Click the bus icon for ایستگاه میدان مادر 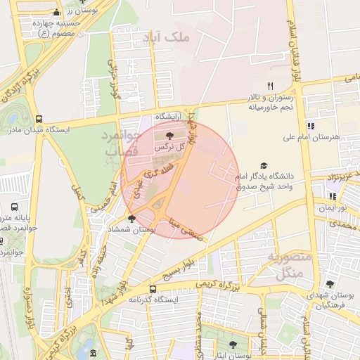click(x=38, y=119)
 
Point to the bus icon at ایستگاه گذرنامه click(x=153, y=288)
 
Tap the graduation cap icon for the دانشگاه click(x=264, y=165)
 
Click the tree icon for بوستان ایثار click(x=233, y=345)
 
